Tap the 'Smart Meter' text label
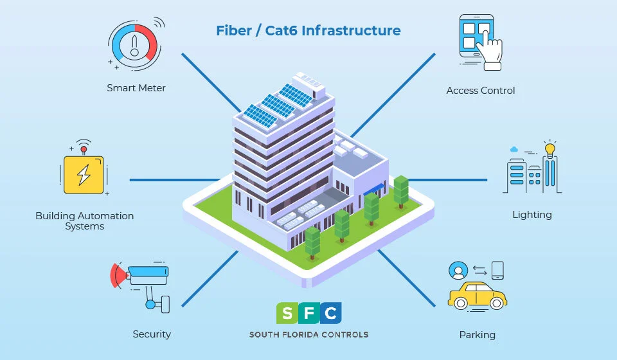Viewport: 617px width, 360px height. click(136, 88)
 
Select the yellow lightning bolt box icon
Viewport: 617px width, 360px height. click(84, 174)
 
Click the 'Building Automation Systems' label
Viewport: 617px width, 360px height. click(85, 221)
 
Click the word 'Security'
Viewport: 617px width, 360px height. click(152, 334)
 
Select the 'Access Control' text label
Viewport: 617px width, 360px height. click(481, 91)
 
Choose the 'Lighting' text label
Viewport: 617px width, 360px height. click(532, 215)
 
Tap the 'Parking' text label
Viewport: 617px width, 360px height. click(477, 334)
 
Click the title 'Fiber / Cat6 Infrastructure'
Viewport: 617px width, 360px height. click(308, 31)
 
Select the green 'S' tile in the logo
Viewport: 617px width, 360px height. click(288, 313)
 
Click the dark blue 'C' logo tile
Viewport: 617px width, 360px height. click(330, 313)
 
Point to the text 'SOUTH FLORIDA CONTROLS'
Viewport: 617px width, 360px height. click(308, 334)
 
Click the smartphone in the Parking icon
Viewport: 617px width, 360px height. click(497, 269)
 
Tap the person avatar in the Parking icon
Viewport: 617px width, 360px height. click(458, 270)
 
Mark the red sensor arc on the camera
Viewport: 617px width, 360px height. click(116, 275)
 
